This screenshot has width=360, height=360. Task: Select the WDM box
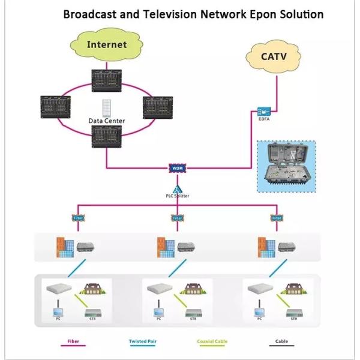(x=177, y=169)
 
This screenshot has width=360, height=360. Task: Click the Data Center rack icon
(x=107, y=108)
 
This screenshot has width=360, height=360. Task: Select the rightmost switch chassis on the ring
(x=158, y=107)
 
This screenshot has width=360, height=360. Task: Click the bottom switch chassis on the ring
(x=107, y=137)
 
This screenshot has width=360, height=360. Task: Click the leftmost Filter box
(x=77, y=218)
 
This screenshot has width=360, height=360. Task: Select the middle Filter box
(x=178, y=218)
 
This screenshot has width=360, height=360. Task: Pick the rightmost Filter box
(x=276, y=218)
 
